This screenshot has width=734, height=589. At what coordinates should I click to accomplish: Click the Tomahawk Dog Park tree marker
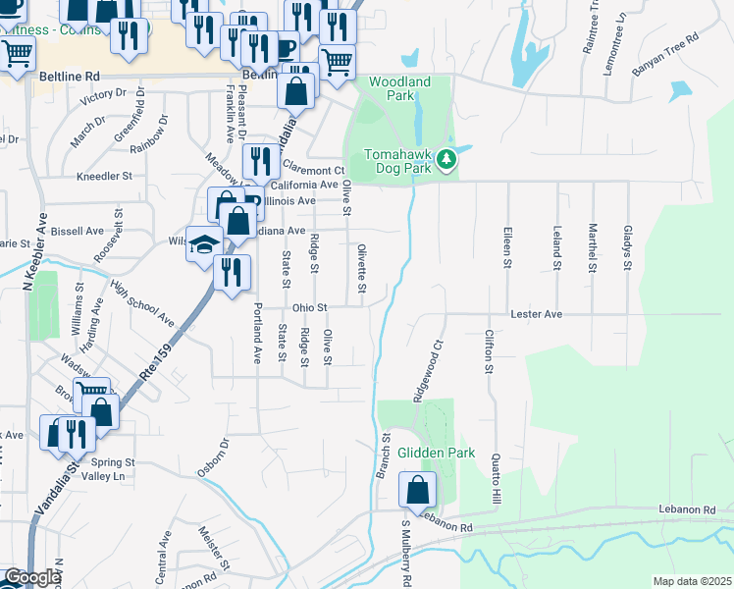(446, 157)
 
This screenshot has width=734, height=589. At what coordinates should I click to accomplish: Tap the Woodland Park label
(400, 88)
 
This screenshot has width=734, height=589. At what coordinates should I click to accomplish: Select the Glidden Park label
(436, 454)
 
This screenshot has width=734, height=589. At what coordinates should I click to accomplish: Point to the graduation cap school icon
(204, 243)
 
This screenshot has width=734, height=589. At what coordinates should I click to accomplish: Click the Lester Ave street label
(536, 314)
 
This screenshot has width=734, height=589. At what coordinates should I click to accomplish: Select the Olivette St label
(361, 268)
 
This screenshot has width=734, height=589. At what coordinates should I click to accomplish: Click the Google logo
(31, 578)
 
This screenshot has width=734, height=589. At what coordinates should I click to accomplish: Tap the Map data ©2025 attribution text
(692, 581)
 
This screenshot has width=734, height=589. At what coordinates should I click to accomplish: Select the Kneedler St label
(104, 177)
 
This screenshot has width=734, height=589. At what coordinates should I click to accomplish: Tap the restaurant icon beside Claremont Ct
(259, 159)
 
